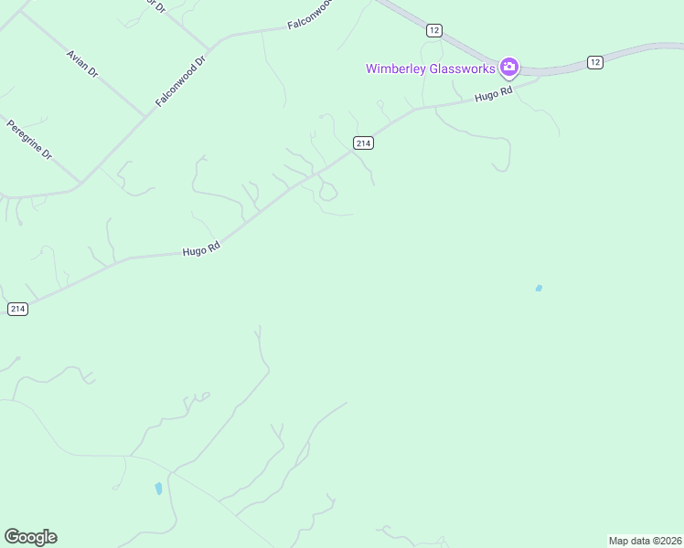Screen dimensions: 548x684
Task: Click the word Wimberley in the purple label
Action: click(398, 68)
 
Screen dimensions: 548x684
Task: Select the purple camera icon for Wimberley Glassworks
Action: click(509, 67)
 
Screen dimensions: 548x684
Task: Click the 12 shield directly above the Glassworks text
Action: click(434, 30)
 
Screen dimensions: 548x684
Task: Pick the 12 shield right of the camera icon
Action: click(595, 62)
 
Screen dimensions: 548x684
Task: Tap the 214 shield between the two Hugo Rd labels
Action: click(363, 142)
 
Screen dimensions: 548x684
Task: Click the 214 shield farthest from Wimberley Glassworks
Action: click(17, 309)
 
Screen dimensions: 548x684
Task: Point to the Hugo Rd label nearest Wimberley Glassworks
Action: click(493, 95)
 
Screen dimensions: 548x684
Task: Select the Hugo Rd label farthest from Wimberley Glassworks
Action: click(201, 248)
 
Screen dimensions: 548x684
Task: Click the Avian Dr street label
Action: click(82, 63)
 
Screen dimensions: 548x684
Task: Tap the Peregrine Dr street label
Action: click(29, 140)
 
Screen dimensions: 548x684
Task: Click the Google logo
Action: click(30, 537)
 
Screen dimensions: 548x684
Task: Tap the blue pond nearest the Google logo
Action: click(158, 488)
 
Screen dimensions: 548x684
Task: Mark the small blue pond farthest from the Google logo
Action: click(539, 289)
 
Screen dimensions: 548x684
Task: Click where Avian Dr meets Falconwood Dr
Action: click(145, 117)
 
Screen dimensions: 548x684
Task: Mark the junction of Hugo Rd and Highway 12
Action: click(538, 77)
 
